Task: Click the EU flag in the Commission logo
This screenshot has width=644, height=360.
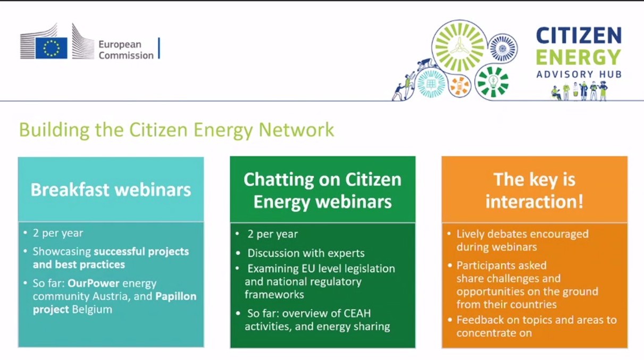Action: tap(52, 48)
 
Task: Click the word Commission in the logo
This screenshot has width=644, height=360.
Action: tap(126, 55)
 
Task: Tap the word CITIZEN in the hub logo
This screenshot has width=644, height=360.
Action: tap(579, 36)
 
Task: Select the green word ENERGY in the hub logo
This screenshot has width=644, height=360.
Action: tap(579, 57)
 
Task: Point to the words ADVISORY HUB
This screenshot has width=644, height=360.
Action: tap(579, 74)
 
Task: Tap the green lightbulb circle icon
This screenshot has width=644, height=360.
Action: tap(493, 81)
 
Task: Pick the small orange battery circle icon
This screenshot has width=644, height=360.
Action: tap(460, 86)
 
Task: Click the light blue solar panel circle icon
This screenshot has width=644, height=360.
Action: tap(431, 83)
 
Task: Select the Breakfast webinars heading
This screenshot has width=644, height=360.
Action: tap(111, 190)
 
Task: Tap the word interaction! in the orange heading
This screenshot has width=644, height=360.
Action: tap(534, 202)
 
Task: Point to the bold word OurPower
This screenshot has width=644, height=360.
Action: tap(94, 283)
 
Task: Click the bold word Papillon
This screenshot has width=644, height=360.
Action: tap(176, 296)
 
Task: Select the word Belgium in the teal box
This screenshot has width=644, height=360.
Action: tap(92, 309)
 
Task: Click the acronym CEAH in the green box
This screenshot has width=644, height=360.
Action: tap(355, 313)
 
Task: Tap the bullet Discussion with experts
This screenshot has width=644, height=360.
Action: tap(306, 253)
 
